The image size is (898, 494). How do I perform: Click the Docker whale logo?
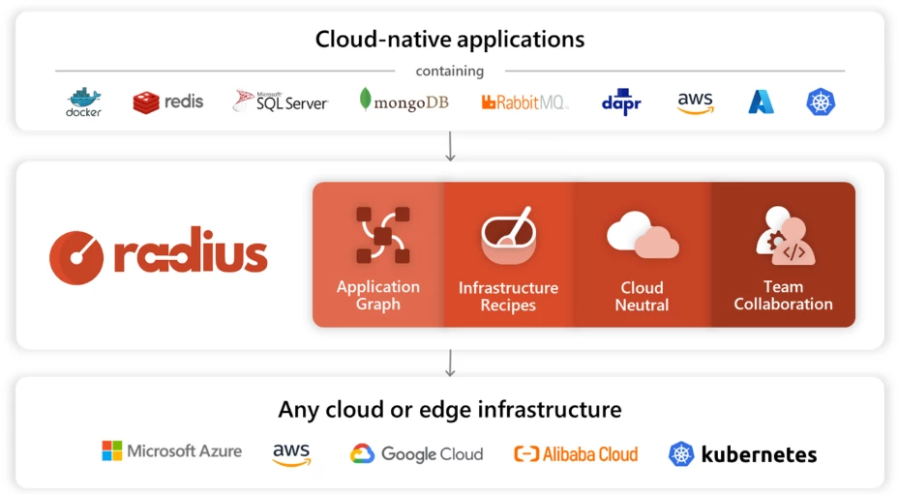[83, 102]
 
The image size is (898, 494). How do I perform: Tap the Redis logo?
[168, 102]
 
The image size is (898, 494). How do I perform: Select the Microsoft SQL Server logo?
[281, 102]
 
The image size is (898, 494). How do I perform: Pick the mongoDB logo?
[404, 102]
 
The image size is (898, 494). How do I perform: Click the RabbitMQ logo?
[524, 102]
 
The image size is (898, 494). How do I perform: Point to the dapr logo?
[621, 102]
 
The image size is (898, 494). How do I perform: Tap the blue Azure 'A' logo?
[761, 102]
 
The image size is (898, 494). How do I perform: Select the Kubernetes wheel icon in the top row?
[821, 102]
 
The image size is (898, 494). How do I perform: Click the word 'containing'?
[450, 71]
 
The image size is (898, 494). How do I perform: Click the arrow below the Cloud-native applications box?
[450, 146]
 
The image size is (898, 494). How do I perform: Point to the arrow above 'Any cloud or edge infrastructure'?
[450, 363]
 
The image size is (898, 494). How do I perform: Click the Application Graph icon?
[381, 235]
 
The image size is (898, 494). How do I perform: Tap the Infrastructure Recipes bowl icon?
[508, 236]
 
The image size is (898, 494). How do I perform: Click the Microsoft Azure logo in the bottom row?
[172, 451]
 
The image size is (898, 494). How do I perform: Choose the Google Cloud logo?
[416, 453]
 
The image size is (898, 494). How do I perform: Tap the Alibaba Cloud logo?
[576, 453]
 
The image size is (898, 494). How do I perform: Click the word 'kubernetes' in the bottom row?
[759, 453]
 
